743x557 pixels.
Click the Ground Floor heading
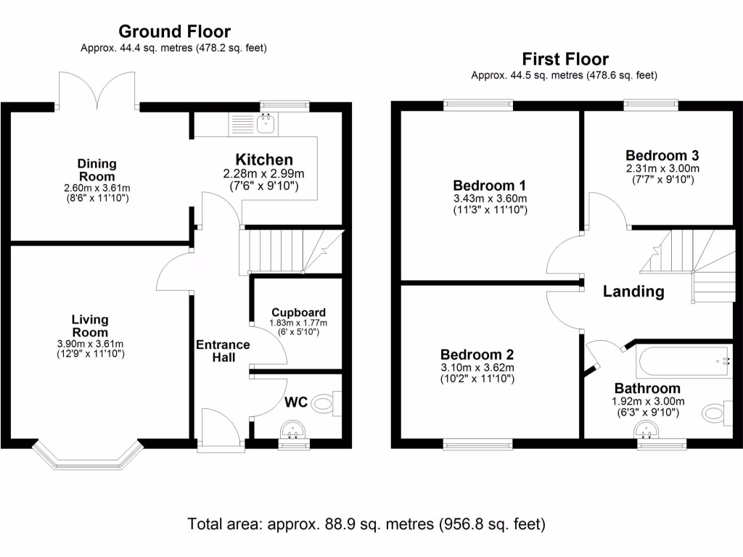pyautogui.click(x=174, y=31)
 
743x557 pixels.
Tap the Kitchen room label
pyautogui.click(x=264, y=160)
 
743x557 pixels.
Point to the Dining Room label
pyautogui.click(x=97, y=170)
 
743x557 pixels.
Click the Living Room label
pyautogui.click(x=90, y=326)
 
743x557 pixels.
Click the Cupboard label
pyautogui.click(x=288, y=313)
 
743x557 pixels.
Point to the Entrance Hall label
pyautogui.click(x=223, y=351)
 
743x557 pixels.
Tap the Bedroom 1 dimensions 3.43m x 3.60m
pyautogui.click(x=490, y=198)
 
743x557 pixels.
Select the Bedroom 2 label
pyautogui.click(x=477, y=355)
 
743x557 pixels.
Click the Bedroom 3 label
pyautogui.click(x=662, y=155)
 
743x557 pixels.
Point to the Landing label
pyautogui.click(x=633, y=292)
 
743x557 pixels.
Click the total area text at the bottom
pyautogui.click(x=366, y=523)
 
